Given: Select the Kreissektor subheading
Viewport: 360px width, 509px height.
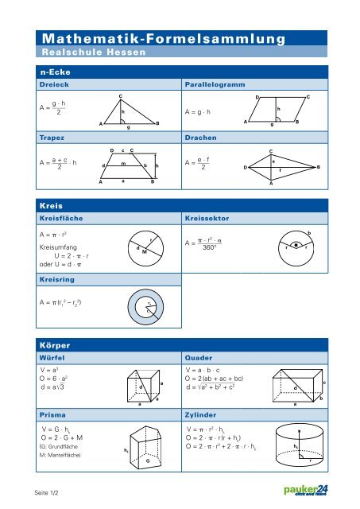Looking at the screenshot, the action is pos(208,216).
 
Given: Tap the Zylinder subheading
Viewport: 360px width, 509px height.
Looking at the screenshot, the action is pos(203,415).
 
